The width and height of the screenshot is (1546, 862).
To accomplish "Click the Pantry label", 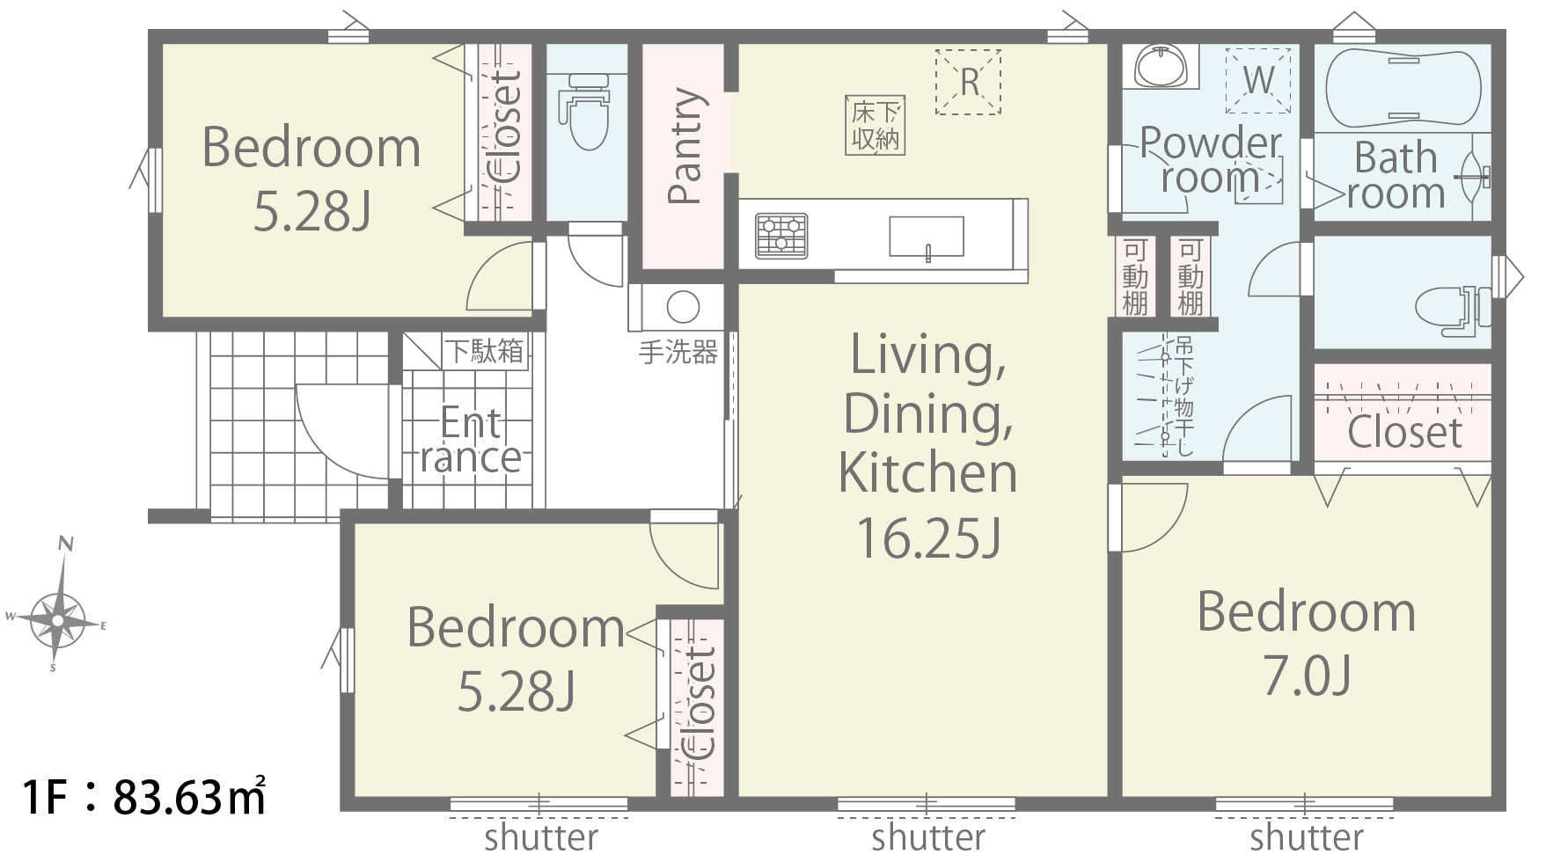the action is pyautogui.click(x=685, y=146).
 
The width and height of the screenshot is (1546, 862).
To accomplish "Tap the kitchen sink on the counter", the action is pyautogui.click(x=926, y=237).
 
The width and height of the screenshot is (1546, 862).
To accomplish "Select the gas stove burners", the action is pyautogui.click(x=781, y=236).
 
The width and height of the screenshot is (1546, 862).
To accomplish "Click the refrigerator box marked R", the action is pyautogui.click(x=968, y=82).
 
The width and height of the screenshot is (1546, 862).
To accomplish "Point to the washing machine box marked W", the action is pyautogui.click(x=1258, y=80).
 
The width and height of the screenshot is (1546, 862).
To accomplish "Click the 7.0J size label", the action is pyautogui.click(x=1307, y=676).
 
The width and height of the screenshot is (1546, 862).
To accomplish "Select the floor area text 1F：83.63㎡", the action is pyautogui.click(x=145, y=797).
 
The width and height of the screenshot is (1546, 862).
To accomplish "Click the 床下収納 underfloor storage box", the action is pyautogui.click(x=876, y=125).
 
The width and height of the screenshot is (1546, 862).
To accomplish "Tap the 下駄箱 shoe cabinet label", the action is pyautogui.click(x=484, y=351).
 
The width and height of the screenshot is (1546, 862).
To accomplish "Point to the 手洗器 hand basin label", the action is pyautogui.click(x=678, y=353).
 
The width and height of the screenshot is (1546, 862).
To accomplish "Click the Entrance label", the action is pyautogui.click(x=471, y=440).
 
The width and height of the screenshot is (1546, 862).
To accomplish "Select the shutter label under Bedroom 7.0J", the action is pyautogui.click(x=1307, y=837).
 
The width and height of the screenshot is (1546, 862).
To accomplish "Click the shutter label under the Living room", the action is pyautogui.click(x=928, y=837).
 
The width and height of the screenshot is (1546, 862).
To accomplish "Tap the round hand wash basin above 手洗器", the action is pyautogui.click(x=683, y=308).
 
